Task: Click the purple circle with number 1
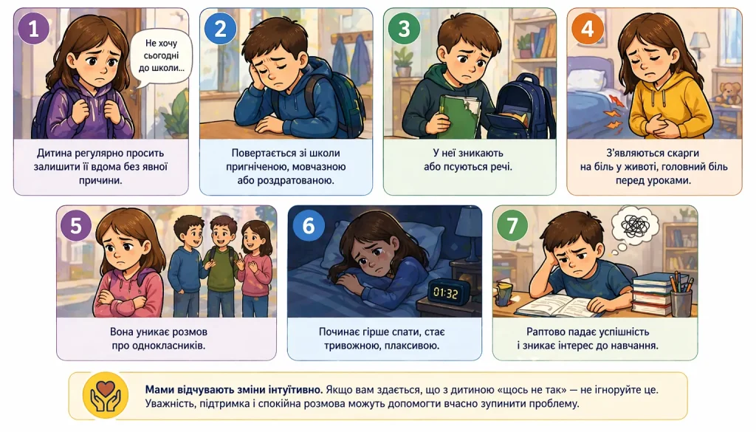[x=34, y=29]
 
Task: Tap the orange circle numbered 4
[x=587, y=29]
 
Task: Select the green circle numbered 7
[x=512, y=225]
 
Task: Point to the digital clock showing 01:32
[x=445, y=292]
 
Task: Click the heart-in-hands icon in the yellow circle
[x=106, y=394]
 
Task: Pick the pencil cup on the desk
[x=681, y=297]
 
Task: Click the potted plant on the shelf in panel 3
[x=404, y=62]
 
